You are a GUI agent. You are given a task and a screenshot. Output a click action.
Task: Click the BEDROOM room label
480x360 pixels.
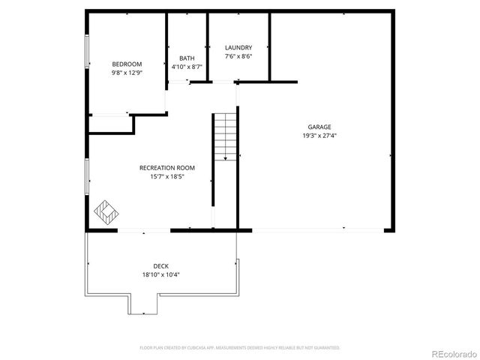point(127,64)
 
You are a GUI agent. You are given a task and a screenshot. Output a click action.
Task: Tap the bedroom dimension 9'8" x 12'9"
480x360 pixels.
point(127,73)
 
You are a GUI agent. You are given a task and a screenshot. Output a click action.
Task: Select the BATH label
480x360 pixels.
point(187,58)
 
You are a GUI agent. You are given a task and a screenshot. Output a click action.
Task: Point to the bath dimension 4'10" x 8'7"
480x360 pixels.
point(187,67)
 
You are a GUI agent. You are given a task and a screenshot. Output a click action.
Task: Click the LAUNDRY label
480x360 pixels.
point(238,47)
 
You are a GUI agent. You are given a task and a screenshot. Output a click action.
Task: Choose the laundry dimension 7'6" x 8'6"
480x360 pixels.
point(238,56)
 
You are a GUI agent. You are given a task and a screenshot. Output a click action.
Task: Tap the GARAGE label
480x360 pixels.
point(319,127)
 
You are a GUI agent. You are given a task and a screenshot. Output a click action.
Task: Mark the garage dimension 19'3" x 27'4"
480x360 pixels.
point(319,136)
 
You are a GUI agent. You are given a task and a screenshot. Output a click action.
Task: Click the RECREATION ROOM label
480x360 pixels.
point(166,167)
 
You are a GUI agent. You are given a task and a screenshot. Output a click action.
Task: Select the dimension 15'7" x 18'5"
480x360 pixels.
point(166,176)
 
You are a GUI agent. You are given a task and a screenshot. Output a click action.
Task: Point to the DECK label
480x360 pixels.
point(160,265)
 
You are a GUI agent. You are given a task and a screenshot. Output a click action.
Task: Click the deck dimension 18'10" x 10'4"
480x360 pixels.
point(160,274)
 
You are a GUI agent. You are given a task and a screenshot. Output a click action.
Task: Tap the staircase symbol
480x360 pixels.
point(225,136)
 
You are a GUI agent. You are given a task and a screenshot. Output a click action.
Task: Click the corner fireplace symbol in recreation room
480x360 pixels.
point(106,212)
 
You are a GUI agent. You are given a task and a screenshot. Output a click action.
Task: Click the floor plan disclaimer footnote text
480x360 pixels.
point(240,348)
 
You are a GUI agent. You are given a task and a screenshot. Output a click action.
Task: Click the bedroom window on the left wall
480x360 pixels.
point(87,55)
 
